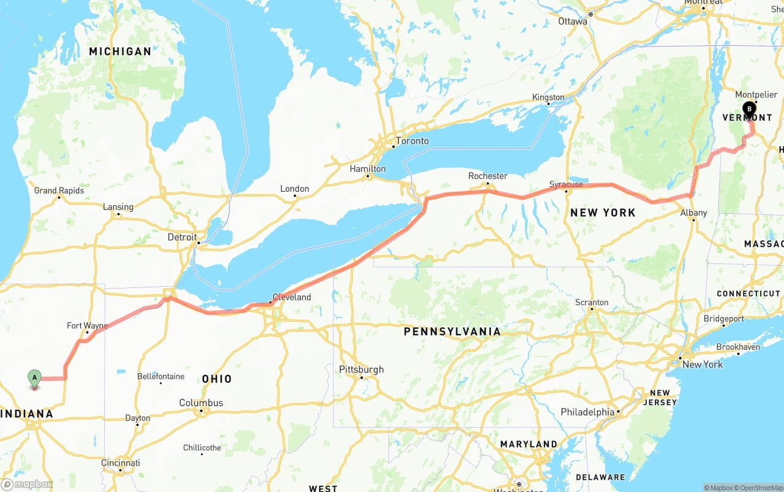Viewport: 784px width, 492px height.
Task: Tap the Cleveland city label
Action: click(292, 297)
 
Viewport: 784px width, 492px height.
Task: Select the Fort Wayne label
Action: click(87, 325)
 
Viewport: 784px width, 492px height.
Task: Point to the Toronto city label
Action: click(412, 141)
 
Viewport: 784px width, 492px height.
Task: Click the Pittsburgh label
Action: click(361, 369)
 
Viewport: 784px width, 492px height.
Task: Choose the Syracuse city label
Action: click(566, 184)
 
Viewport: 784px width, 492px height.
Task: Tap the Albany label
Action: click(693, 213)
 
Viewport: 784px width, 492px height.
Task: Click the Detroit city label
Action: click(183, 237)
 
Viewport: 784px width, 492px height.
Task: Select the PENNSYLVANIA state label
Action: click(452, 331)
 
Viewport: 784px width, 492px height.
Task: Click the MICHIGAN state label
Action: click(120, 51)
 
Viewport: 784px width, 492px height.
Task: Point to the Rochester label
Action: click(488, 176)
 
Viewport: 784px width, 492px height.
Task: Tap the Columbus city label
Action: click(201, 403)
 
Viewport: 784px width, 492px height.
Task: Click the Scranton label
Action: click(592, 302)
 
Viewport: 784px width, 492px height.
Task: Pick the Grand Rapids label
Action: click(59, 191)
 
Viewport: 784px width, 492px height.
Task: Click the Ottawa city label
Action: click(573, 21)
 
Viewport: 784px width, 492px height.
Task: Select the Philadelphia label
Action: click(587, 412)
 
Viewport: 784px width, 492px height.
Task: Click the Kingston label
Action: click(548, 97)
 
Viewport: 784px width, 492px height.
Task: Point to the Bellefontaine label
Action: click(160, 376)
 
